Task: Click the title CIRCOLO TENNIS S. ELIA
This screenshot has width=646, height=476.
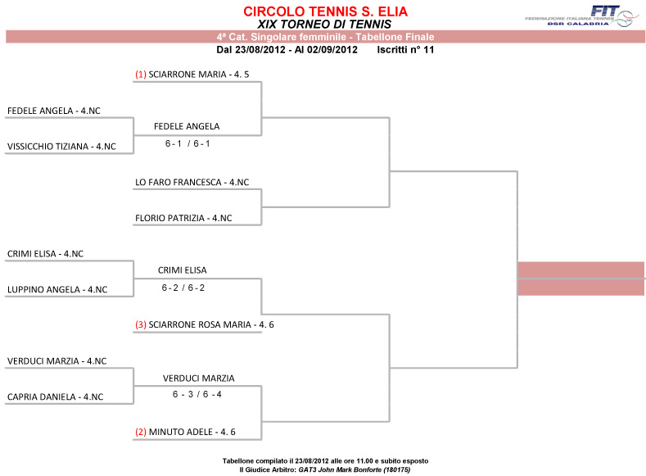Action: (x=325, y=11)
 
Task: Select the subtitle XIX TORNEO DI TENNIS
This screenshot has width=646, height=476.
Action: (x=324, y=24)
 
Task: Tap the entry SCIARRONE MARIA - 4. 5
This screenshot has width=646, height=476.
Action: (x=198, y=75)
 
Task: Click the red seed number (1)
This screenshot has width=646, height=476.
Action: (x=141, y=75)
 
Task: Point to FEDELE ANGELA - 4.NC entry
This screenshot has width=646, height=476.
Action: (x=59, y=110)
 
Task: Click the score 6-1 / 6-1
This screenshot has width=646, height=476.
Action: (x=187, y=143)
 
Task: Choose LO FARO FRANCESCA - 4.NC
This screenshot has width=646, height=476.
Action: (x=192, y=182)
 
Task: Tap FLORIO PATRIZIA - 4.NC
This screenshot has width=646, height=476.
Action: (x=183, y=219)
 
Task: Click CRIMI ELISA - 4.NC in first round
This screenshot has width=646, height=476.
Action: (x=45, y=254)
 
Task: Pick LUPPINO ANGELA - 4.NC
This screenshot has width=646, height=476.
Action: (x=57, y=290)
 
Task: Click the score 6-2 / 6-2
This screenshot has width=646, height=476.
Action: (x=183, y=288)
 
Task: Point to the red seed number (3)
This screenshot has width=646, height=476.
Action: (x=141, y=325)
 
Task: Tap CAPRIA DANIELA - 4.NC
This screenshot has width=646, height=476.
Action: (x=55, y=397)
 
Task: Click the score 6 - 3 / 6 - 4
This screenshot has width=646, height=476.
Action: (x=197, y=395)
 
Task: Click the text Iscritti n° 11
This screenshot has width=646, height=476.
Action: (x=405, y=50)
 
